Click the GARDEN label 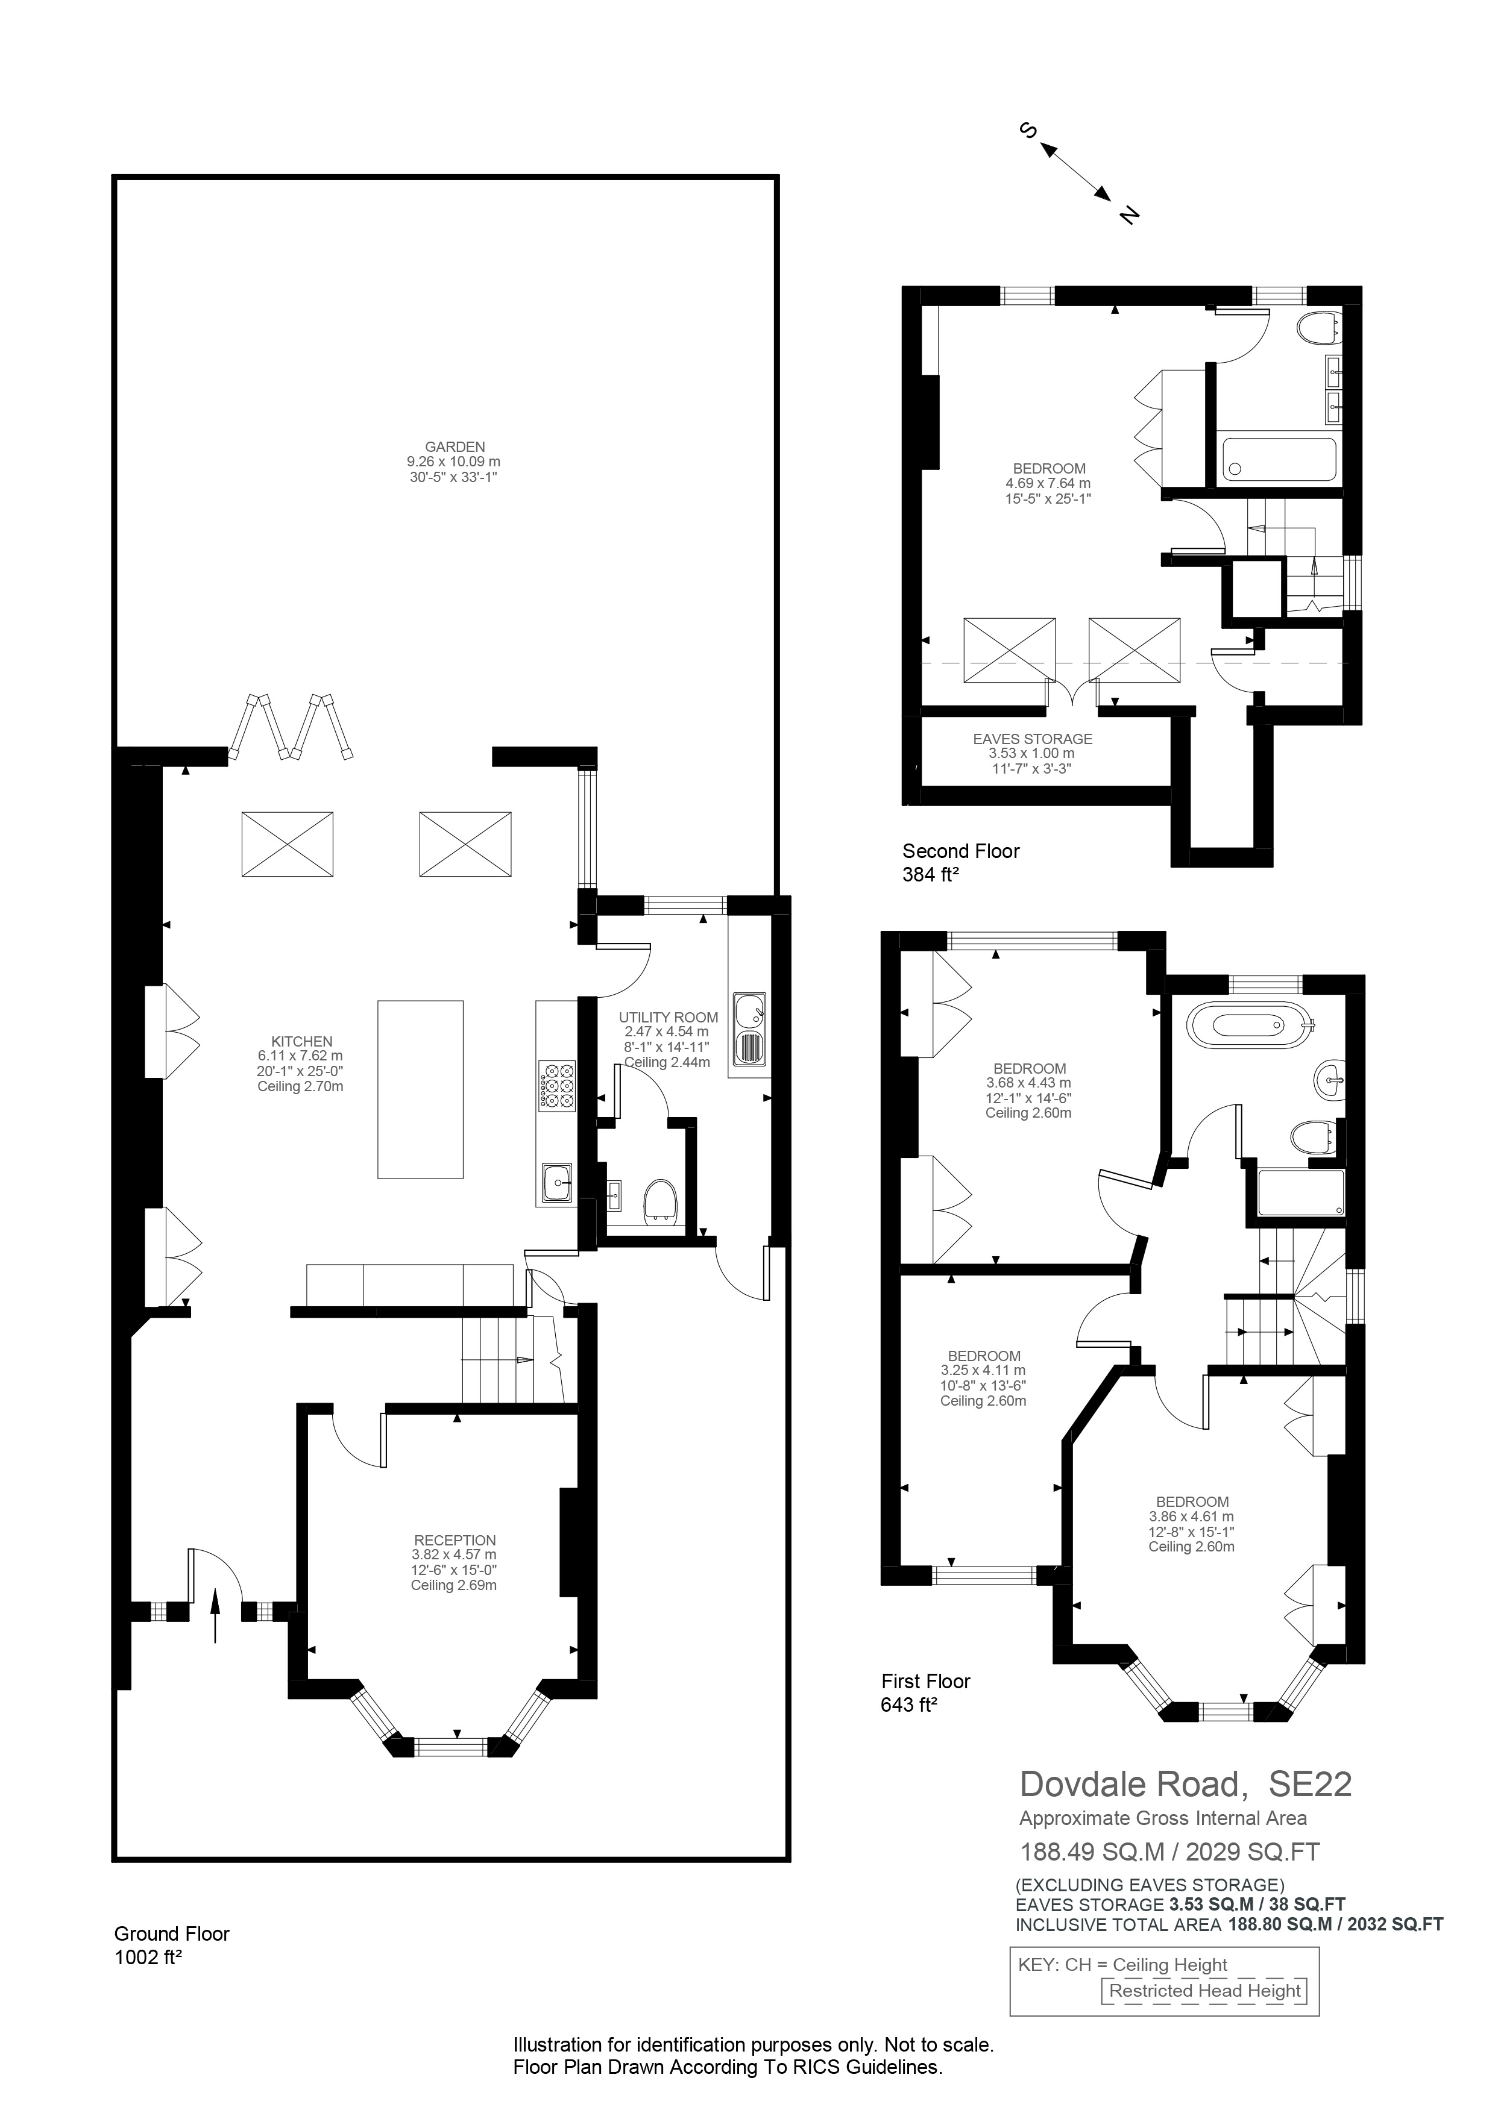(x=455, y=447)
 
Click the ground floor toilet (x=661, y=1201)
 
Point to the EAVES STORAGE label (x=1032, y=739)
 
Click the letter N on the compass (x=1130, y=214)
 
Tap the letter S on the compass (x=1029, y=131)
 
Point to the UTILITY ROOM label (x=669, y=1017)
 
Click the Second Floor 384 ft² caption (x=960, y=862)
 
